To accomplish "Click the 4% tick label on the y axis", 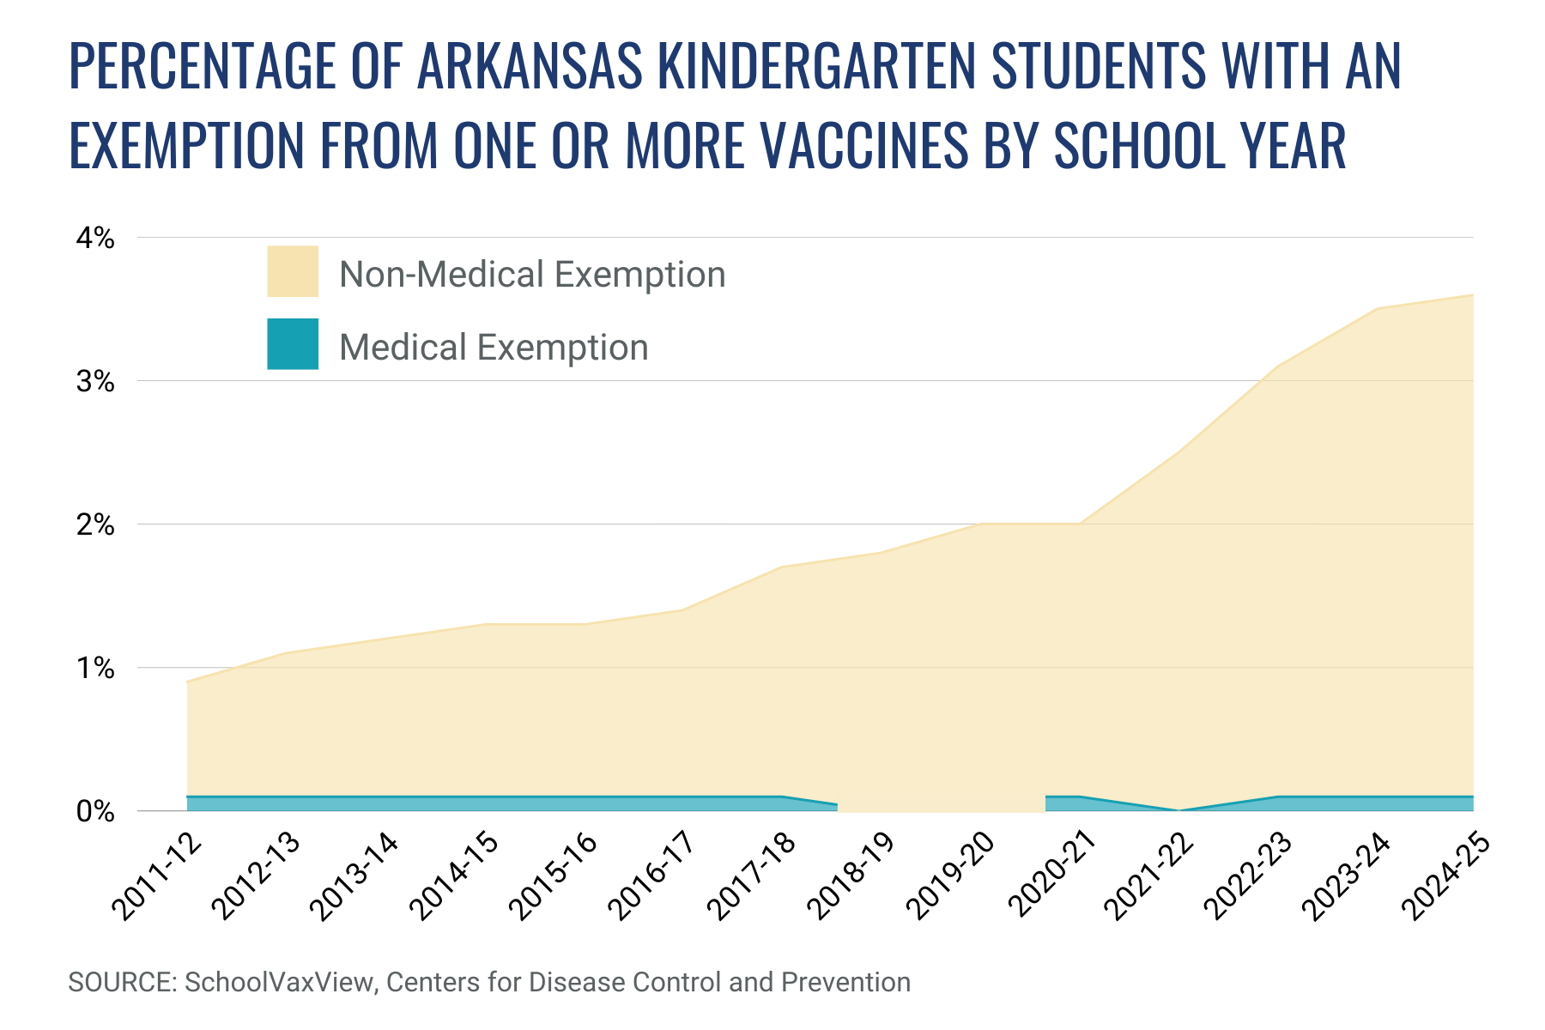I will (x=94, y=238).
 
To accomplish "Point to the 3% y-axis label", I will (x=94, y=381).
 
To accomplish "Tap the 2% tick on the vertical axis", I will (x=94, y=524).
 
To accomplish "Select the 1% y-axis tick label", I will (x=94, y=668).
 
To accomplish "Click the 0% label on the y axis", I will (x=94, y=811).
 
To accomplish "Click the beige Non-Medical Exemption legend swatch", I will (x=293, y=271).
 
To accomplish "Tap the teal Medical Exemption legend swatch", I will (x=293, y=344).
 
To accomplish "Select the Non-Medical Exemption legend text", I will (x=532, y=275).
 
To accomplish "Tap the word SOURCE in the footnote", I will (x=120, y=982).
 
